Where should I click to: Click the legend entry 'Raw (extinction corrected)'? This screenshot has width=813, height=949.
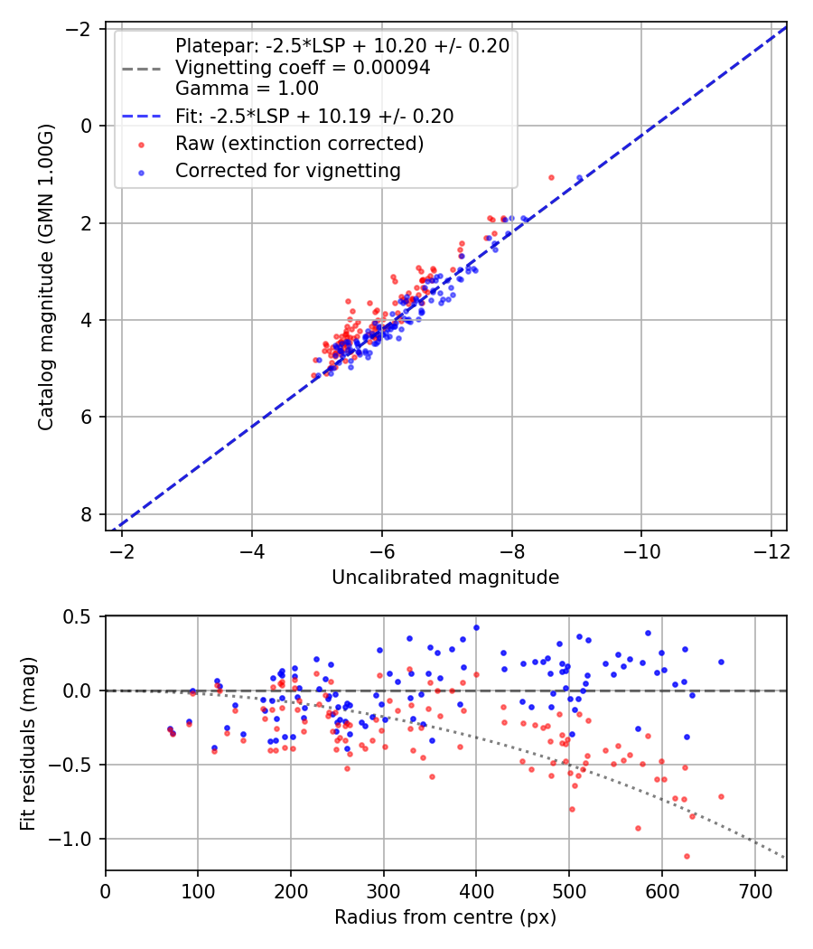coord(299,143)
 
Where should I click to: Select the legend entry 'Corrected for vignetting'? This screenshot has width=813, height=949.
coord(287,170)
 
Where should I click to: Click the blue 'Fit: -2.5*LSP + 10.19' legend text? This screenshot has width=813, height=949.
coord(314,116)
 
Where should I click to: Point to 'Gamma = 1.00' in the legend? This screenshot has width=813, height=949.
coord(247,89)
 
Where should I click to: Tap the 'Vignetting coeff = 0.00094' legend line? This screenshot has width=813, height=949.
coord(303,68)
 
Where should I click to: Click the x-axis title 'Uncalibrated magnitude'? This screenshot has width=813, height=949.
coord(445,577)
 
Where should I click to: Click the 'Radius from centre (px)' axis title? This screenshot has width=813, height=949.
coord(445,917)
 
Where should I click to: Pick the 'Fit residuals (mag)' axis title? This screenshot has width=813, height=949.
coord(28,743)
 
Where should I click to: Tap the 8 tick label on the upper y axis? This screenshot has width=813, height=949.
coord(88,513)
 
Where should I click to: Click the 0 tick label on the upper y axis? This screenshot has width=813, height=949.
coord(88,126)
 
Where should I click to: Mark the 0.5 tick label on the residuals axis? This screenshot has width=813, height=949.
coord(79,616)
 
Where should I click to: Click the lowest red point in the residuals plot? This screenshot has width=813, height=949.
coord(687,856)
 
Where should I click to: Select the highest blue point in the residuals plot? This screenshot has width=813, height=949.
coord(476,627)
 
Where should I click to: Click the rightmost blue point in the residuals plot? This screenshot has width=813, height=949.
coord(721,662)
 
